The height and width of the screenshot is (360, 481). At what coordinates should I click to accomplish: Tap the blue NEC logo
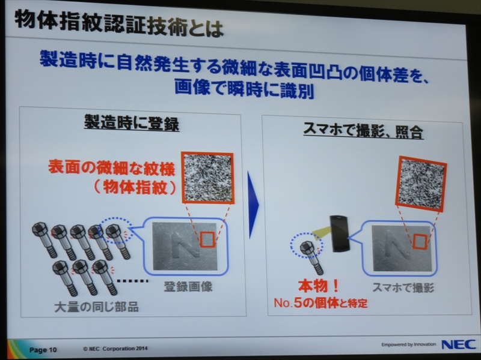pos(459,344)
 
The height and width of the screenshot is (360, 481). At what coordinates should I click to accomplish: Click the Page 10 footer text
pos(43,350)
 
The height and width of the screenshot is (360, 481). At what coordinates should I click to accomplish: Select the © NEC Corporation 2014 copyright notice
pos(115,349)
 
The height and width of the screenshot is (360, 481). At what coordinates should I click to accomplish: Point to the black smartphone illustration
pos(339,233)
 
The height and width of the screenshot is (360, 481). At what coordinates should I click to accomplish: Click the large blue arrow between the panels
pos(253,204)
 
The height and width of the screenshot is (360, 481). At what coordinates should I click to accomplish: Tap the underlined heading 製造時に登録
pos(132,123)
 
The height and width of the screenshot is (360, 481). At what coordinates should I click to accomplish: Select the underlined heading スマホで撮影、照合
pos(364,131)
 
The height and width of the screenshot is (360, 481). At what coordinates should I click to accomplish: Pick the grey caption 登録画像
pos(188,287)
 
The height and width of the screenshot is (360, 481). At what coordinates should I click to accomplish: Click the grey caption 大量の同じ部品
pos(97,307)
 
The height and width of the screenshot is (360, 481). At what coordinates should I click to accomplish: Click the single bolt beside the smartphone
pos(311,257)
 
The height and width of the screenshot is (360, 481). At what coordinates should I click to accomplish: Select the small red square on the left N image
pos(207,239)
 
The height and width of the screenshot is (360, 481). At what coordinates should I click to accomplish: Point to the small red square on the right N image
pos(419,242)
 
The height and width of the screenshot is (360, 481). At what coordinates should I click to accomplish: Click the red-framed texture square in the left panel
pos(207,178)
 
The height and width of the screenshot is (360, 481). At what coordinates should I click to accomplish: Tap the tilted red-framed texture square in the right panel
pos(421,184)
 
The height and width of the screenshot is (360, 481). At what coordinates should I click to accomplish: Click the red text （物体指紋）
pos(135,187)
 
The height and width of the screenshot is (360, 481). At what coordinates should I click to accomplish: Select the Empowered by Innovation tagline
pos(409,344)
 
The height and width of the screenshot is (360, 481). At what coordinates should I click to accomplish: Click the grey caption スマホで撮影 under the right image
pos(403,288)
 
